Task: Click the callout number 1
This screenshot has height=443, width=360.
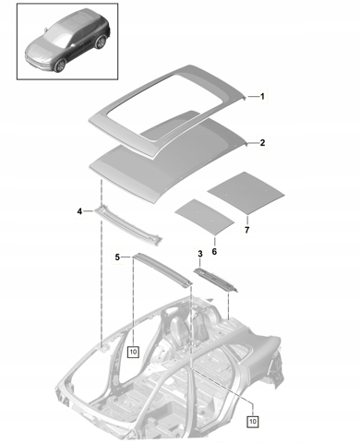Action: click(262, 97)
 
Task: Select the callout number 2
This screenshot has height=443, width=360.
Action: click(262, 143)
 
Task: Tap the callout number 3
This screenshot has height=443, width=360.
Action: click(200, 254)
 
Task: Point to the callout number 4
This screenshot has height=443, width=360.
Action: click(79, 211)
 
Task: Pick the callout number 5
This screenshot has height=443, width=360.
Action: click(117, 257)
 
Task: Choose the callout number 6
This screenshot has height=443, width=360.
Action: click(214, 251)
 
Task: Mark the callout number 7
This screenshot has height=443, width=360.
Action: click(246, 230)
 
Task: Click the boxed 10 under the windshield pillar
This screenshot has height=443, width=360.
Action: click(133, 352)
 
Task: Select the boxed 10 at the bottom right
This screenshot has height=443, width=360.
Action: click(252, 421)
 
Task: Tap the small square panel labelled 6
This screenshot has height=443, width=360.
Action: click(204, 217)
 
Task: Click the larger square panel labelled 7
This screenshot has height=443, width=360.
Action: click(246, 193)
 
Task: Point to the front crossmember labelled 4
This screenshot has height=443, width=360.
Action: click(128, 225)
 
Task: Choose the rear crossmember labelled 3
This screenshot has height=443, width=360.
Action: click(216, 281)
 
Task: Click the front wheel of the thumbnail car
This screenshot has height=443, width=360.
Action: click(60, 66)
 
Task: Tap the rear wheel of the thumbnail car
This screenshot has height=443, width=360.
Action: click(101, 42)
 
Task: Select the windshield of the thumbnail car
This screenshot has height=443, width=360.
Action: click(57, 34)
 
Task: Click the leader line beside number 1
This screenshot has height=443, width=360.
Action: click(253, 97)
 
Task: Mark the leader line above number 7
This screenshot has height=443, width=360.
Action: click(247, 221)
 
